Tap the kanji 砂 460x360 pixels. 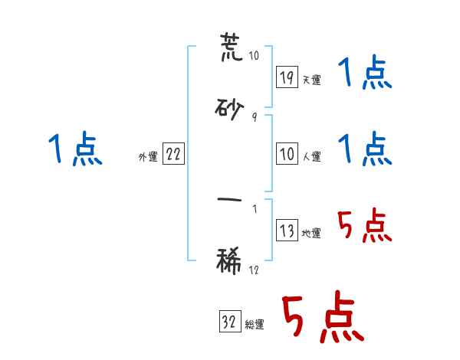[230, 111]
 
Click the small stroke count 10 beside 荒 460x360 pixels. [255, 56]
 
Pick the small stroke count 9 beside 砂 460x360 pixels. [254, 118]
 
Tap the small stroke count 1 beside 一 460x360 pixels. [255, 208]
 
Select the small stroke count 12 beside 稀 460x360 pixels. [255, 270]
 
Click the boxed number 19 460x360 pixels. [287, 77]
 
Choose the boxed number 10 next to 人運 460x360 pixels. [287, 154]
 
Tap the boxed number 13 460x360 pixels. [287, 231]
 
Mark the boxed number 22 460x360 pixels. [173, 154]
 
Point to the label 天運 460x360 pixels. [312, 80]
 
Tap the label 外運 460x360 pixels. [148, 157]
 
